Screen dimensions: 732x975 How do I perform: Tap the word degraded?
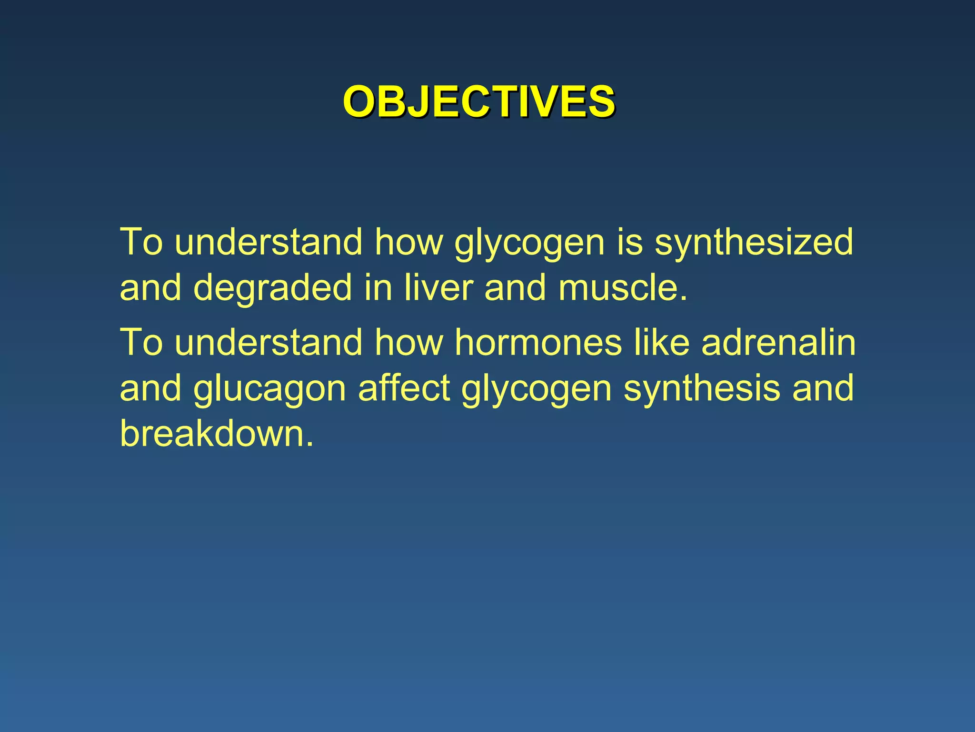tap(272, 288)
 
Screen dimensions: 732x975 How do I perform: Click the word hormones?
tap(538, 342)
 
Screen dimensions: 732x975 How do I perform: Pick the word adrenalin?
tap(778, 342)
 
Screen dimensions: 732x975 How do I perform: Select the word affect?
tap(404, 388)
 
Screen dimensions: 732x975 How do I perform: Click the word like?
tap(662, 342)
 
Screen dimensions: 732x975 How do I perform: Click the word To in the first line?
tap(141, 242)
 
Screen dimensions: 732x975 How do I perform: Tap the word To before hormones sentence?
tap(141, 342)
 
